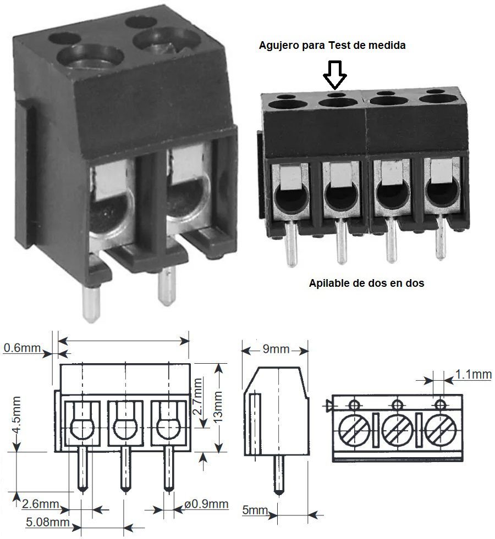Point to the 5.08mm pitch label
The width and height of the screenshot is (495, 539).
(x=48, y=522)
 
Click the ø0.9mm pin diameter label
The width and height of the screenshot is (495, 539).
(x=206, y=504)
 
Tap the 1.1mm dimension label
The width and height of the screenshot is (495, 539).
(x=473, y=375)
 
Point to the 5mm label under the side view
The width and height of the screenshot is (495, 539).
(x=254, y=510)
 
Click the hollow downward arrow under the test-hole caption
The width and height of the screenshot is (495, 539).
(x=334, y=75)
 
